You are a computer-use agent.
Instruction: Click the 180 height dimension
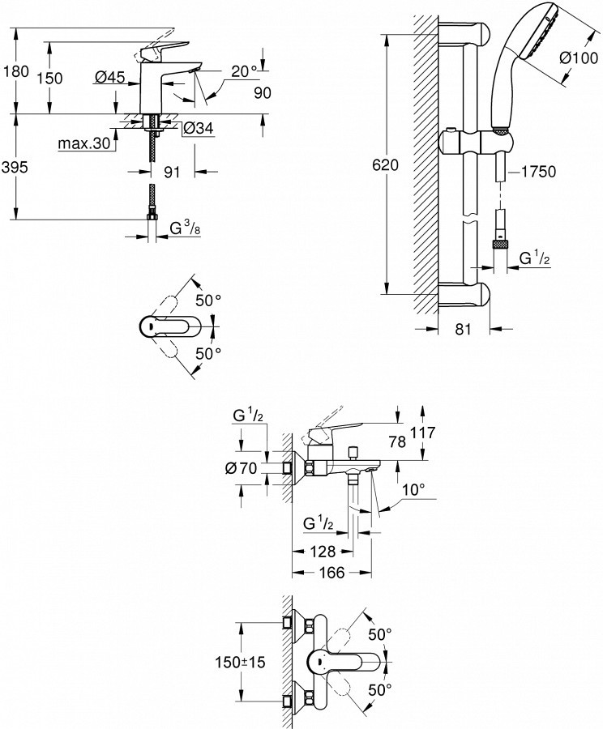16,71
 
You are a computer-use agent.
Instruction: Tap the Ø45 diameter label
109,77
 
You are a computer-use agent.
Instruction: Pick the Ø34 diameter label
197,128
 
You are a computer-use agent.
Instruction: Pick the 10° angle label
414,490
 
